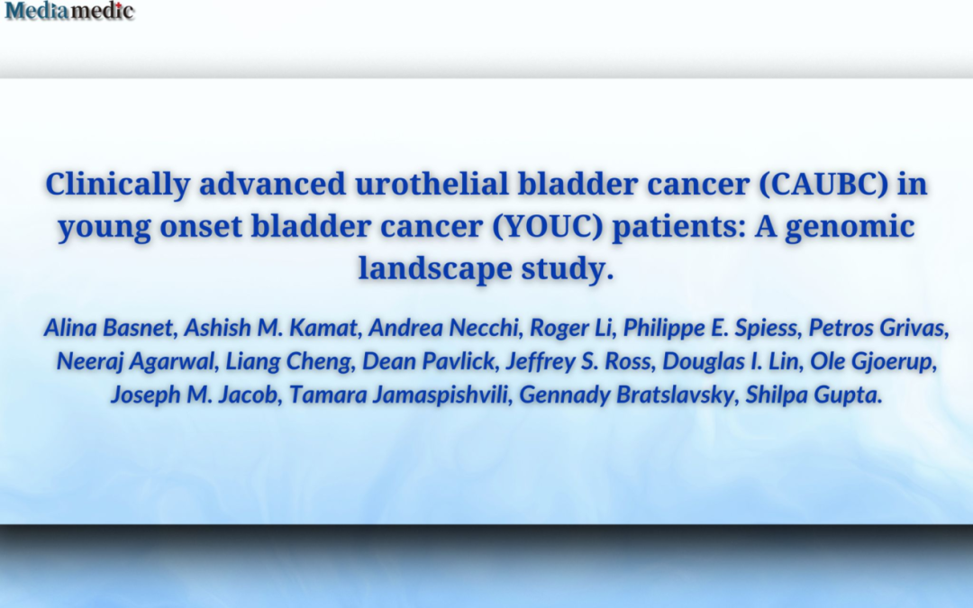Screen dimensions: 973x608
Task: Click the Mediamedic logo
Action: pos(69,11)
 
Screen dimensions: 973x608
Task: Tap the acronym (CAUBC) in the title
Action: pos(823,185)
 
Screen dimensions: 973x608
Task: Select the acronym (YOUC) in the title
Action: pos(548,226)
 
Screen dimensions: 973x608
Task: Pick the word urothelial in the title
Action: pos(432,185)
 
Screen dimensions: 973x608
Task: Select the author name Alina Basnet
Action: pos(108,328)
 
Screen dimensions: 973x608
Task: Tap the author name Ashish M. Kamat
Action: pos(270,328)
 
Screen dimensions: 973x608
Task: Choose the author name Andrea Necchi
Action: pos(443,328)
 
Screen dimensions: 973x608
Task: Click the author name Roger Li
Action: pos(570,328)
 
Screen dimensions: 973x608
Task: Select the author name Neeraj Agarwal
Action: pos(134,361)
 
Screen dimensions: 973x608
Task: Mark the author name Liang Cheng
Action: pos(288,361)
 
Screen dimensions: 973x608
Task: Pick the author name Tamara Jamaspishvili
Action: pos(398,395)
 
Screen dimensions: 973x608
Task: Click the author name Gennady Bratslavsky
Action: pos(626,395)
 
